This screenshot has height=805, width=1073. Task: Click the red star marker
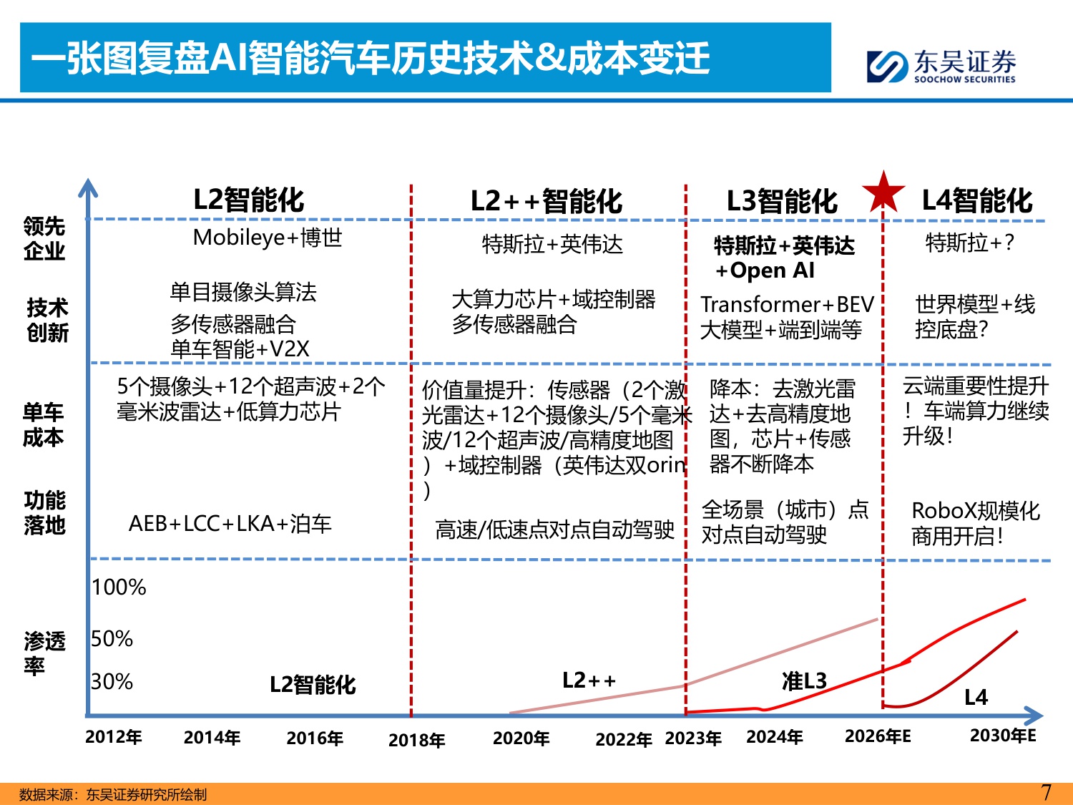883,192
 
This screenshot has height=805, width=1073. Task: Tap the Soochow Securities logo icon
887,67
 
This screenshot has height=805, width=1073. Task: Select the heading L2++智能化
546,201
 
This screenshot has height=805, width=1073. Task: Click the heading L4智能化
976,200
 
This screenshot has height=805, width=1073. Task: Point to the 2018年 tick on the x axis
416,740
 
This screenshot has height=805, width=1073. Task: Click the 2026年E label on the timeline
878,736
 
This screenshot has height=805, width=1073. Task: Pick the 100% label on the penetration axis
119,587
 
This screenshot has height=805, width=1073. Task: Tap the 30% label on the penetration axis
112,682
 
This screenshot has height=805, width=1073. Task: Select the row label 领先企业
44,238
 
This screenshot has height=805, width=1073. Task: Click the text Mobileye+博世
268,238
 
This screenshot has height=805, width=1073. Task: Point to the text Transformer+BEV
787,305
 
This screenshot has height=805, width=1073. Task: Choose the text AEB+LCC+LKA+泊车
230,524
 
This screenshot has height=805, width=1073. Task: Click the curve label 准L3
804,681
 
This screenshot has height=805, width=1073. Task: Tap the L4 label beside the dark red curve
976,697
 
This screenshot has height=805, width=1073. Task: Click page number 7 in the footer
1046,793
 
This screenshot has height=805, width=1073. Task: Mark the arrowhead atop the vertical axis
88,187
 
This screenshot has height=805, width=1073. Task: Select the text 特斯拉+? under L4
969,243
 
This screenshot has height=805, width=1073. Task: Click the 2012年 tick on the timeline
113,737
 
